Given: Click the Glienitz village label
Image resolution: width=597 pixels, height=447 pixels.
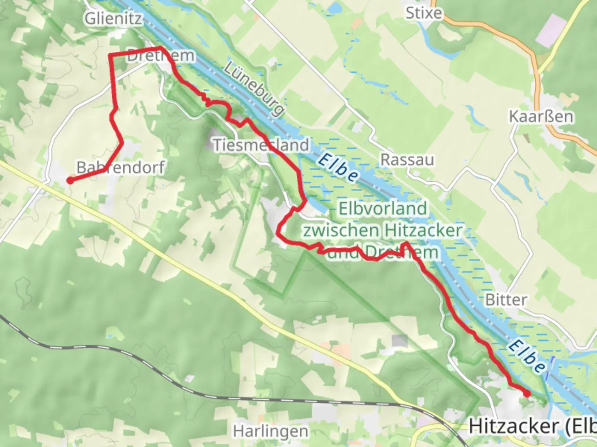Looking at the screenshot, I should click(x=113, y=19).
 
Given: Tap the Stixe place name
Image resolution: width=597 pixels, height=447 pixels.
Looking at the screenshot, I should click(x=423, y=13).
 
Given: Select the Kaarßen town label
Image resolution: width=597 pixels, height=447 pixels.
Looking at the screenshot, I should click(x=541, y=117).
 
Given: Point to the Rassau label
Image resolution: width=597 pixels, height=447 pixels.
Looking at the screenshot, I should click(x=407, y=160).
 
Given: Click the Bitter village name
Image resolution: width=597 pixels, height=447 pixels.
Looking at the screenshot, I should click(x=506, y=300).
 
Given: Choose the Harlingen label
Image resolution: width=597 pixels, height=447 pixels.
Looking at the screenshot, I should click(x=271, y=431).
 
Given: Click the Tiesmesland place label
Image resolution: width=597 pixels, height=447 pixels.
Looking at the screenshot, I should click(x=261, y=145).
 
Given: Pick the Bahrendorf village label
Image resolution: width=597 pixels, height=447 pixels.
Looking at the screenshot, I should click(x=121, y=167).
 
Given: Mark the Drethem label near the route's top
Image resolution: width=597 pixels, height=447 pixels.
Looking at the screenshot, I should click(x=160, y=56).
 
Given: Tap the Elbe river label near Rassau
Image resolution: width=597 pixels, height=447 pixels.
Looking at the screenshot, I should click(x=338, y=168).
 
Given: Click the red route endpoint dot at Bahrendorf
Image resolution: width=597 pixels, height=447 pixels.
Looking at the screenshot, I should click(x=70, y=180).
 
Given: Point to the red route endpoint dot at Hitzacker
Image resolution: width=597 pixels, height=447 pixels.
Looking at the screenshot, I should click(x=527, y=394).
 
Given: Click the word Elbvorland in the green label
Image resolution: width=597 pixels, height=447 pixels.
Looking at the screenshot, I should click(x=382, y=209).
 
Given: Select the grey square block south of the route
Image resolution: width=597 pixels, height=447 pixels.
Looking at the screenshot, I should click(x=400, y=341).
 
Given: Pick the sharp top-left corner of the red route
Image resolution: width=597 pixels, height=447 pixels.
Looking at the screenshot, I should click(x=110, y=55).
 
